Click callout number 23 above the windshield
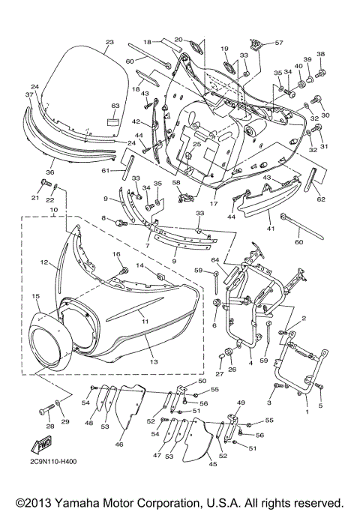coord(109,42)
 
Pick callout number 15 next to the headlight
coord(35,298)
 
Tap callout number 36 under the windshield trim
coord(52,171)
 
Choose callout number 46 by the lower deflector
coord(118,445)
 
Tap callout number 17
coord(213,202)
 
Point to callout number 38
coord(321,54)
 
